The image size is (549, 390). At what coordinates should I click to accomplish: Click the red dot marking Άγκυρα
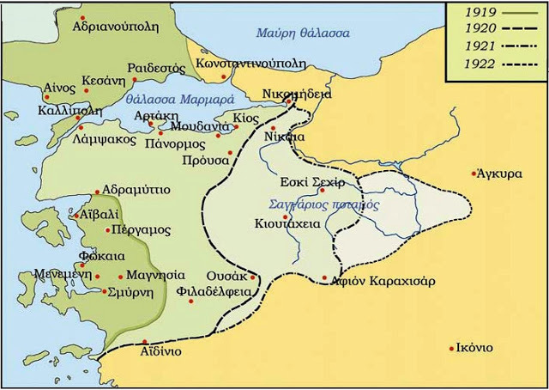(x=474, y=174)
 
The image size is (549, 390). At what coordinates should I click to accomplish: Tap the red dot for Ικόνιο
(x=452, y=348)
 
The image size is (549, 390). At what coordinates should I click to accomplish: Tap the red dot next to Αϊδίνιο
(x=145, y=342)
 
